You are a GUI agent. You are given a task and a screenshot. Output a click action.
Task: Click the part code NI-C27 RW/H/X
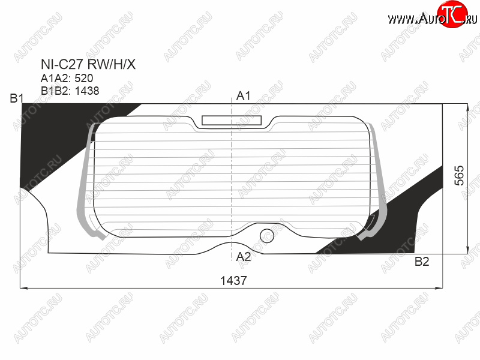coord(88,64)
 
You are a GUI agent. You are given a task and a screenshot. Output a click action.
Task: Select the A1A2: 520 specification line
coord(67,79)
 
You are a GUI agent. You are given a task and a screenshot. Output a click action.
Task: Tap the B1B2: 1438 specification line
coord(70,91)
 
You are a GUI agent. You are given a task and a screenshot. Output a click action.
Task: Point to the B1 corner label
coord(17,98)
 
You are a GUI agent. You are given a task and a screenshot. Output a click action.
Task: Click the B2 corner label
coord(422,262)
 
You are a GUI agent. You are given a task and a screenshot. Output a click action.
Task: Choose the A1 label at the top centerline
coord(243,96)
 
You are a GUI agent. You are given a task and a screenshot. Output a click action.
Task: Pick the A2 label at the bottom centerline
coord(244,257)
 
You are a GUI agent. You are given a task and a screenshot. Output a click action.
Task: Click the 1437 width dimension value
coord(233,280)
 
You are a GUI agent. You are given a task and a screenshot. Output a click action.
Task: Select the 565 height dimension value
coord(459,176)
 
